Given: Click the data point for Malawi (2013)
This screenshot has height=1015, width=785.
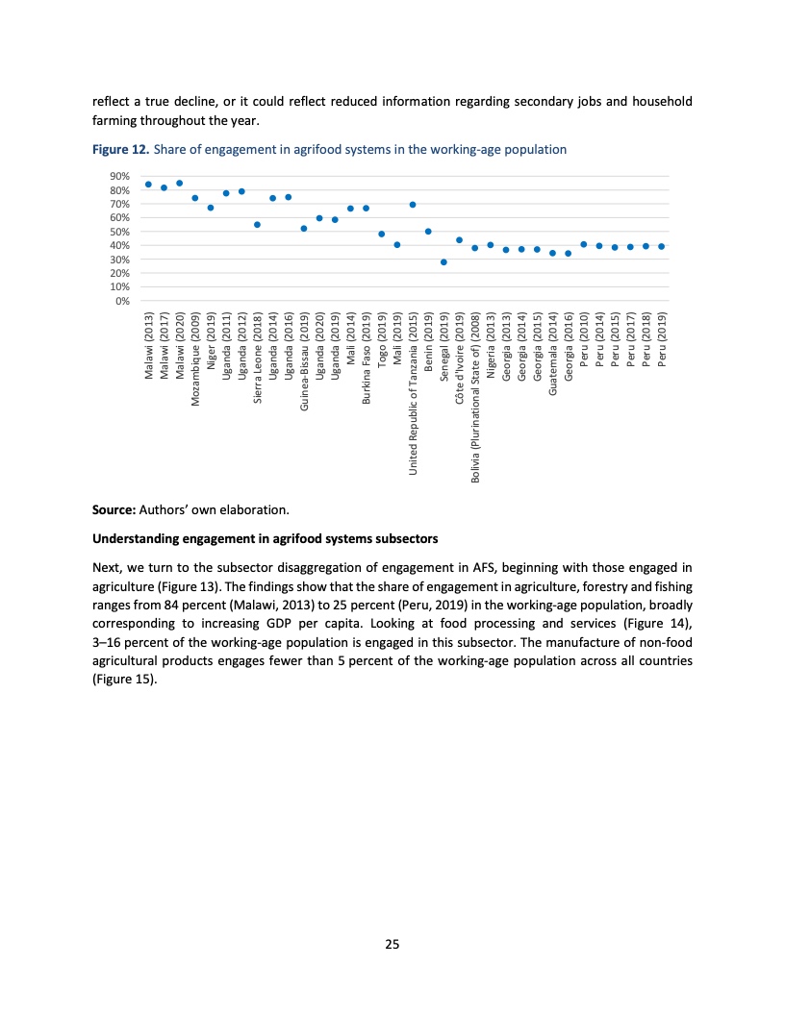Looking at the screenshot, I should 148,184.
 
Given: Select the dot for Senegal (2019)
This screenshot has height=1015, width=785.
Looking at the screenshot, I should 443,261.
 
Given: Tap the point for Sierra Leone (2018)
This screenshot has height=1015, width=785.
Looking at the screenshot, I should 257,224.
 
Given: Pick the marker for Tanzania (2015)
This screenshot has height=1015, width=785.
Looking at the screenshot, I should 413,204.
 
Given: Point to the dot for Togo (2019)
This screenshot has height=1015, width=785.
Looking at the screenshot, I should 381,234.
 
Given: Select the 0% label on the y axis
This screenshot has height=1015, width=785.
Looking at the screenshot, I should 122,301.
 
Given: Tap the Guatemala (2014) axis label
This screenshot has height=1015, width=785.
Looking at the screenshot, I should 553,357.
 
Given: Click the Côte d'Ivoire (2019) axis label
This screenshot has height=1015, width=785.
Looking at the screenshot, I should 460,357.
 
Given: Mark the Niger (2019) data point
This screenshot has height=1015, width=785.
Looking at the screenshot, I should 211,208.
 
